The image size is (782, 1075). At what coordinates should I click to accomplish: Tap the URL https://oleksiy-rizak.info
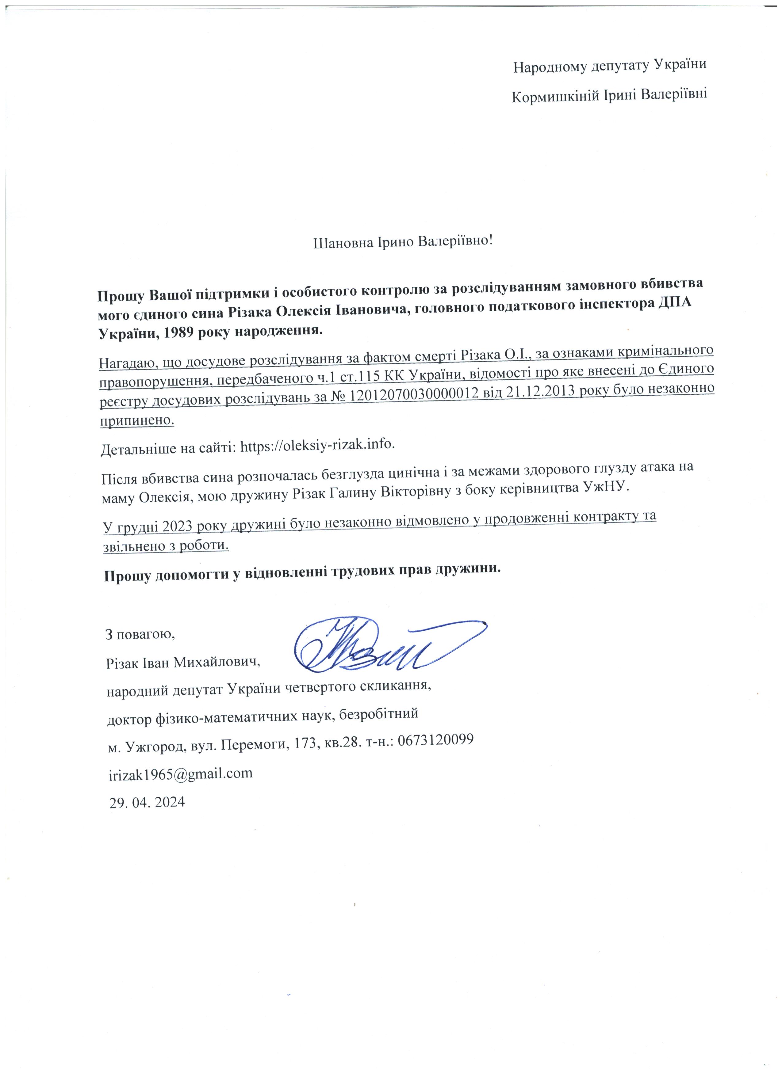(x=317, y=446)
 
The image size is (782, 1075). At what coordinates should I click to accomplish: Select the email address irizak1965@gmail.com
(x=181, y=773)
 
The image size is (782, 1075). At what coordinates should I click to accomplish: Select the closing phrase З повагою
(x=140, y=634)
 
